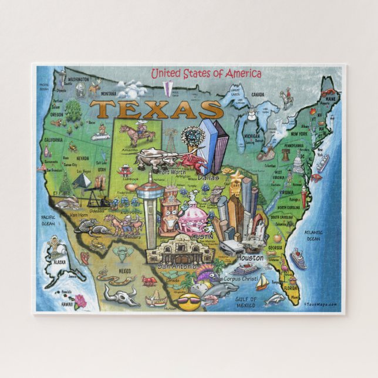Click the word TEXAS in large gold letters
(x=156, y=110)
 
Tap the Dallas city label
(x=208, y=177)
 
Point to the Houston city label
(x=251, y=257)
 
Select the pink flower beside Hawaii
(x=79, y=301)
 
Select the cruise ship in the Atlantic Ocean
(x=298, y=259)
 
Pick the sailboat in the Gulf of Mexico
(x=262, y=283)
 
